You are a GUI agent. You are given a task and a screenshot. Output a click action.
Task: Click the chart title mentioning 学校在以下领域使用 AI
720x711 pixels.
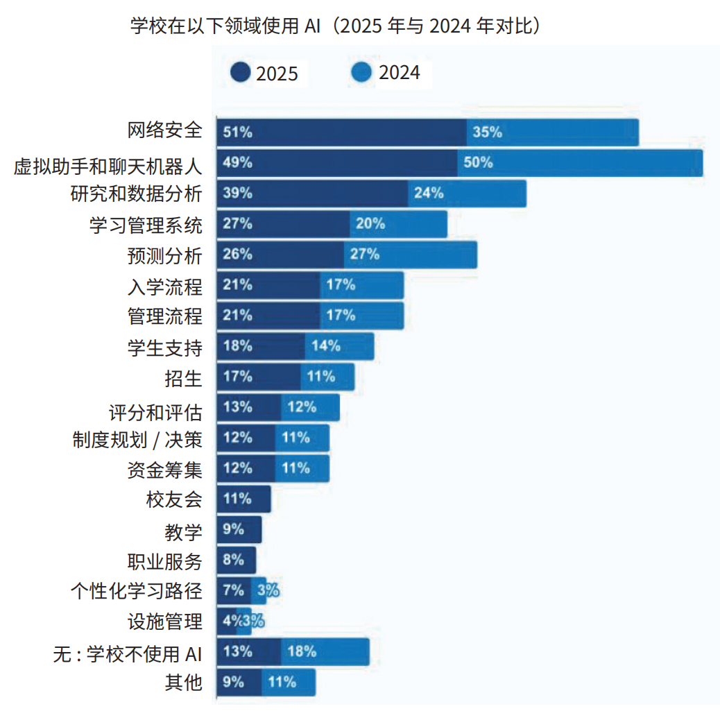coord(336,26)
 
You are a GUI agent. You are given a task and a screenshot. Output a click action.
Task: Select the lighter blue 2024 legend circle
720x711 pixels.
coord(362,72)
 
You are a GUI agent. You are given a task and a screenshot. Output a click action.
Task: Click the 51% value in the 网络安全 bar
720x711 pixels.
coord(237,132)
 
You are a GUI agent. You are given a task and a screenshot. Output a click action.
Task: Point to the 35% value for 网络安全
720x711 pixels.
coord(487,132)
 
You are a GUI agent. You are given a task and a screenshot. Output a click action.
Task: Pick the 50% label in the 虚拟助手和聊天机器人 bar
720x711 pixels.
coord(478,163)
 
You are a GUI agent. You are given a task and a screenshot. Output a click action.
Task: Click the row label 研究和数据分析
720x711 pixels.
coord(136,194)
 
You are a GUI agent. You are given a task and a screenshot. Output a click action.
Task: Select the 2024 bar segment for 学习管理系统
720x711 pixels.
coord(399,224)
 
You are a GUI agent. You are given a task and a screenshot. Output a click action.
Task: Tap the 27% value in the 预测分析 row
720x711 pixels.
coord(364,255)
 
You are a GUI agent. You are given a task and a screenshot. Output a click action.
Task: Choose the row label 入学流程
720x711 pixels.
coord(165,285)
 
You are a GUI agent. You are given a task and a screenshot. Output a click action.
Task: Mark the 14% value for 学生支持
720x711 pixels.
coord(325,346)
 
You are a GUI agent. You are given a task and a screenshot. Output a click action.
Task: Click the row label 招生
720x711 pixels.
coord(184,377)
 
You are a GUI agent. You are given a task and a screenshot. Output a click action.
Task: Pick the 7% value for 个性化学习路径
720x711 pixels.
coord(234,591)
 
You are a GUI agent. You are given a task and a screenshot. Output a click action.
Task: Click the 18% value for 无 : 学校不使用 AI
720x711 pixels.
coord(302,652)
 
